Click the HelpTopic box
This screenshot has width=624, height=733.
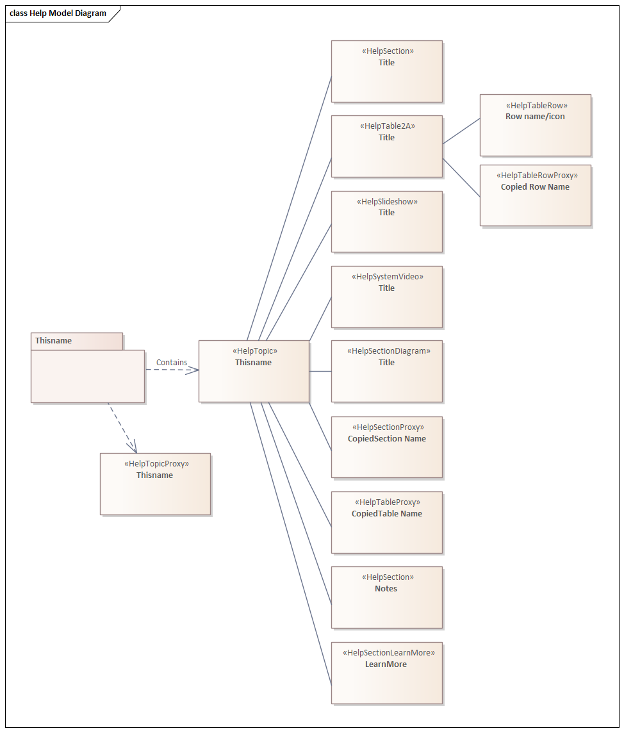tap(254, 371)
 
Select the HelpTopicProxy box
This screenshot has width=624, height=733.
tap(155, 484)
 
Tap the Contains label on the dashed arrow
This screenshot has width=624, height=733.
tap(172, 362)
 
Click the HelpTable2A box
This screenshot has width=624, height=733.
tap(386, 146)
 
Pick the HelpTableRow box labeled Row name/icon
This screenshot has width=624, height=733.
tap(535, 126)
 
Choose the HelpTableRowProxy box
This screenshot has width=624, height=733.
tap(535, 195)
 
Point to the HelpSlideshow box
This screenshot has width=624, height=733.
tap(386, 222)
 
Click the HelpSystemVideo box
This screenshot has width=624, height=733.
tap(386, 297)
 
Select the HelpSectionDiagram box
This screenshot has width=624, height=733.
tap(386, 371)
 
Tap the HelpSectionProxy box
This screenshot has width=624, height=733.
tap(386, 447)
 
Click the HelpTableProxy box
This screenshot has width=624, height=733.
tap(386, 522)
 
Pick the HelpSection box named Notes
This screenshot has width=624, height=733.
tap(386, 597)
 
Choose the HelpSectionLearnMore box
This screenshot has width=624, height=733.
tap(386, 673)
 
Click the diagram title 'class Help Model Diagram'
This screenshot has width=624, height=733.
tap(58, 13)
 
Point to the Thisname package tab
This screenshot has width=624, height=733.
tap(77, 341)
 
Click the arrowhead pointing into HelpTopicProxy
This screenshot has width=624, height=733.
tap(133, 447)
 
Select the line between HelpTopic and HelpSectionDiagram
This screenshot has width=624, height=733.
tap(320, 371)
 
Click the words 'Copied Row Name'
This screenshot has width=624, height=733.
tap(535, 187)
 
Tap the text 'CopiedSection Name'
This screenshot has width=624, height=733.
tap(386, 438)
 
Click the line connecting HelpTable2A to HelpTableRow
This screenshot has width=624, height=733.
tap(461, 131)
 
